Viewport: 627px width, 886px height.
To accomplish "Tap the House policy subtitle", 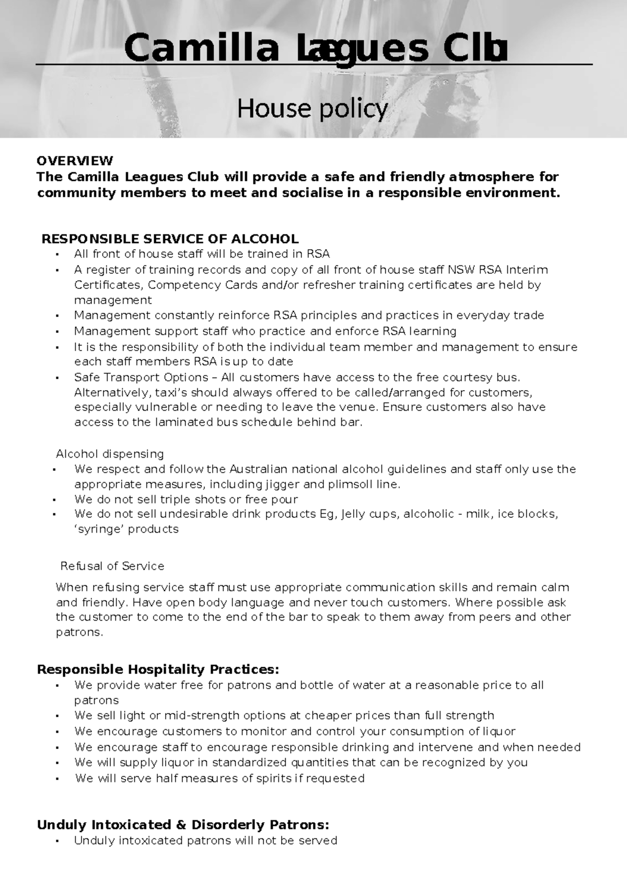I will click(x=312, y=109).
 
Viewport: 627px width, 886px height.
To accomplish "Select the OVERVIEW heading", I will click(x=75, y=160).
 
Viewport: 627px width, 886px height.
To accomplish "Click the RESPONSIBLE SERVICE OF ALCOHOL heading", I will click(x=170, y=239).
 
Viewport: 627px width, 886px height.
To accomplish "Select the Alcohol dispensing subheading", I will click(x=110, y=454).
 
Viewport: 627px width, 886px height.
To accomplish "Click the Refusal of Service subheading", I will click(x=112, y=566).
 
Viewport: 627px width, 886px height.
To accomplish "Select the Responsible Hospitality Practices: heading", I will click(x=158, y=670).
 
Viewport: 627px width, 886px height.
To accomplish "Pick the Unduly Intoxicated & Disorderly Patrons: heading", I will click(x=183, y=825).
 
